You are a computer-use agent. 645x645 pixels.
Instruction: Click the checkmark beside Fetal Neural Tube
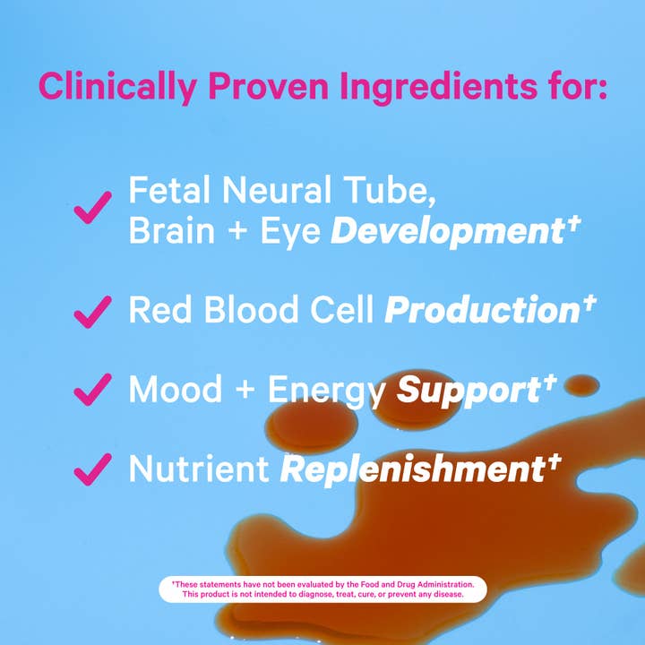(92, 208)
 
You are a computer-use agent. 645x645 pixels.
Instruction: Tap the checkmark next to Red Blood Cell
(92, 311)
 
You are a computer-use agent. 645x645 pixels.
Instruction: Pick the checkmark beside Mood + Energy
(92, 390)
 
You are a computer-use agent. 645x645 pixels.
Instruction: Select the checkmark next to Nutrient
(92, 468)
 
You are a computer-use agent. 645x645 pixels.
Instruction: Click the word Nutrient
(198, 468)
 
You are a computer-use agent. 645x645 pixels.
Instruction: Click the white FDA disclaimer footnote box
(322, 589)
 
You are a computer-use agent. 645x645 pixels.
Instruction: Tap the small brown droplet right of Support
(581, 385)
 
